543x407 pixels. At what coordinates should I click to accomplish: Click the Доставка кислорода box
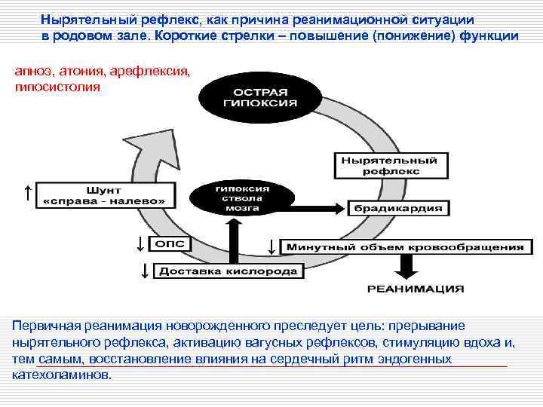tap(229, 271)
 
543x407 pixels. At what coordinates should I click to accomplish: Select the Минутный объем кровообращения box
tap(406, 246)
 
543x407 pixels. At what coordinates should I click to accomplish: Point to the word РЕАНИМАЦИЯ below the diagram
tap(416, 289)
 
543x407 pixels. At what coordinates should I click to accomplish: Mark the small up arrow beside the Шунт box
tap(27, 193)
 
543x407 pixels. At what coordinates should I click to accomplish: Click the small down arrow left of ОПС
tap(139, 243)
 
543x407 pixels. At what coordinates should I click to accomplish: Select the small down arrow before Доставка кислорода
tap(143, 270)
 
